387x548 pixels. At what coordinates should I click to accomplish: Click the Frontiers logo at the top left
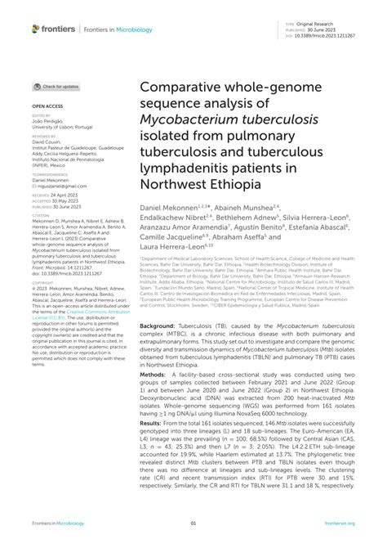pyautogui.click(x=54, y=29)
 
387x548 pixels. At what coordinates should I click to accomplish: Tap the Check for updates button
pyautogui.click(x=56, y=86)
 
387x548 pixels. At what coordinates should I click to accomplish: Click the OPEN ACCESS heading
pyautogui.click(x=48, y=107)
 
